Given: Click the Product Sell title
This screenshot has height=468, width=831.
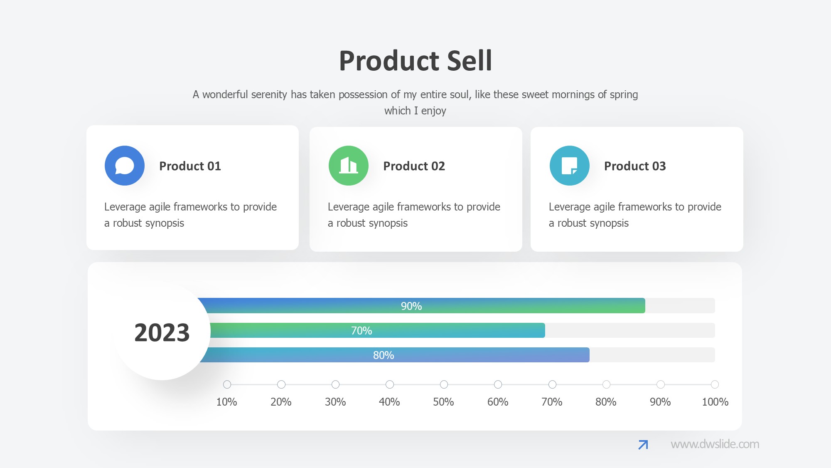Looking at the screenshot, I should pyautogui.click(x=415, y=61).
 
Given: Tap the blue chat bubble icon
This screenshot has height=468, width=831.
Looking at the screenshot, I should pyautogui.click(x=125, y=166).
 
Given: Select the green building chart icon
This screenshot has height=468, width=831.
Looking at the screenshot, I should pyautogui.click(x=349, y=166).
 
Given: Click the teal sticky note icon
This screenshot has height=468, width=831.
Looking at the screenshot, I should pyautogui.click(x=569, y=166).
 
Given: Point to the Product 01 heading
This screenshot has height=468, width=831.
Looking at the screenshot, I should pyautogui.click(x=190, y=166).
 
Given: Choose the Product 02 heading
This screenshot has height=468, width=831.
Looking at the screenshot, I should pyautogui.click(x=414, y=166).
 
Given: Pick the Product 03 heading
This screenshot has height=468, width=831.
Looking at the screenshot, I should pyautogui.click(x=635, y=166).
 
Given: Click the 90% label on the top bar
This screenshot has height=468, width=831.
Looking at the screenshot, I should pyautogui.click(x=411, y=306).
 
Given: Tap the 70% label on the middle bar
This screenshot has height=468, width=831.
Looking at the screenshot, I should pyautogui.click(x=361, y=331).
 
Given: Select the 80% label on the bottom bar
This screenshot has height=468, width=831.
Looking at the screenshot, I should pyautogui.click(x=384, y=355).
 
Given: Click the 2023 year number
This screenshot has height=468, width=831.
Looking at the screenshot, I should pyautogui.click(x=162, y=333).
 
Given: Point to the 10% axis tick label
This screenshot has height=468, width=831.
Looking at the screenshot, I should pyautogui.click(x=226, y=402).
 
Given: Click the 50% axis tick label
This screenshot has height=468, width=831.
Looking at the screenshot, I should pyautogui.click(x=443, y=402).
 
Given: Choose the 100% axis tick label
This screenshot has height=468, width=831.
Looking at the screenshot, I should pyautogui.click(x=715, y=402).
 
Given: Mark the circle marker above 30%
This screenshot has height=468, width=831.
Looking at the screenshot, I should pyautogui.click(x=335, y=384).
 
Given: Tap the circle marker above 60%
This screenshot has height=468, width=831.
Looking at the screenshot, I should pyautogui.click(x=498, y=384).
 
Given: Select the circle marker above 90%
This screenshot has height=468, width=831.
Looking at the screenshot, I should pyautogui.click(x=660, y=384).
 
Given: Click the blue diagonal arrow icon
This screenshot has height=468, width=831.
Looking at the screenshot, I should pyautogui.click(x=643, y=445).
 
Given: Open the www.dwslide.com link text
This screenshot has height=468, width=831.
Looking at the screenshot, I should pyautogui.click(x=715, y=444).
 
